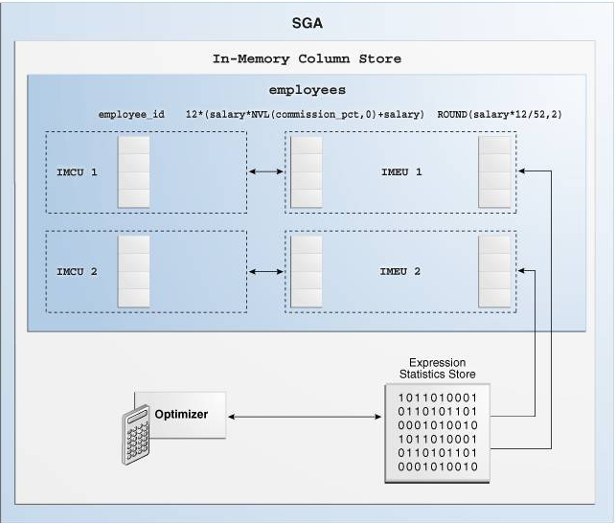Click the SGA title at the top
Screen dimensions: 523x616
click(307, 22)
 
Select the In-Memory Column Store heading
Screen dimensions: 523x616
click(307, 59)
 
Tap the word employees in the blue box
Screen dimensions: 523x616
click(307, 89)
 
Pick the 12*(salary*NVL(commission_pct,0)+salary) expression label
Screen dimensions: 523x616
click(305, 115)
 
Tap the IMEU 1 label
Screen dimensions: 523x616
click(399, 172)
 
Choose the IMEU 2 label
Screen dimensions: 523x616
click(399, 269)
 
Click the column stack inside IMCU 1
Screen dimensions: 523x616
click(133, 172)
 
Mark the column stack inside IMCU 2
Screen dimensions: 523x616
click(133, 269)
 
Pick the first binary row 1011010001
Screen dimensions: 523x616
click(430, 395)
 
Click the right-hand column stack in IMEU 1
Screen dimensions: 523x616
click(494, 172)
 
